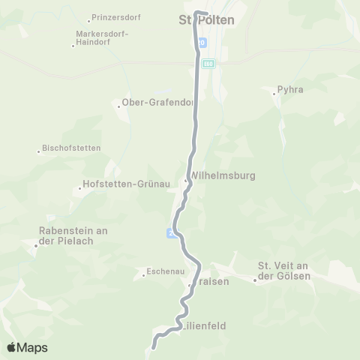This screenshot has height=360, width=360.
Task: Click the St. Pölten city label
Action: (206, 20)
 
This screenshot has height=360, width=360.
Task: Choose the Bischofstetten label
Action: (72, 148)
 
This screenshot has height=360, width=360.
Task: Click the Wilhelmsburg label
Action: (224, 175)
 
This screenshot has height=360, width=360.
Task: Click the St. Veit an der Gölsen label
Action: (283, 271)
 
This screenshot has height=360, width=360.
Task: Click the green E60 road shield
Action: (208, 64)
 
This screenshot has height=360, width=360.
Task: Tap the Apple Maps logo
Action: (27, 347)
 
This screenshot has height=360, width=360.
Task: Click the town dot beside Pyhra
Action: (274, 93)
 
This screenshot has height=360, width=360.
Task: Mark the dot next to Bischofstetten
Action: (39, 151)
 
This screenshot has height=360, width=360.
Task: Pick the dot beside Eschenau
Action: (142, 276)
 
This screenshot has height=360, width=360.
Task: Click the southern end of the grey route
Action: (154, 347)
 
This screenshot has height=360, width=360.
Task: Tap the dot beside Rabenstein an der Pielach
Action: (35, 244)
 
